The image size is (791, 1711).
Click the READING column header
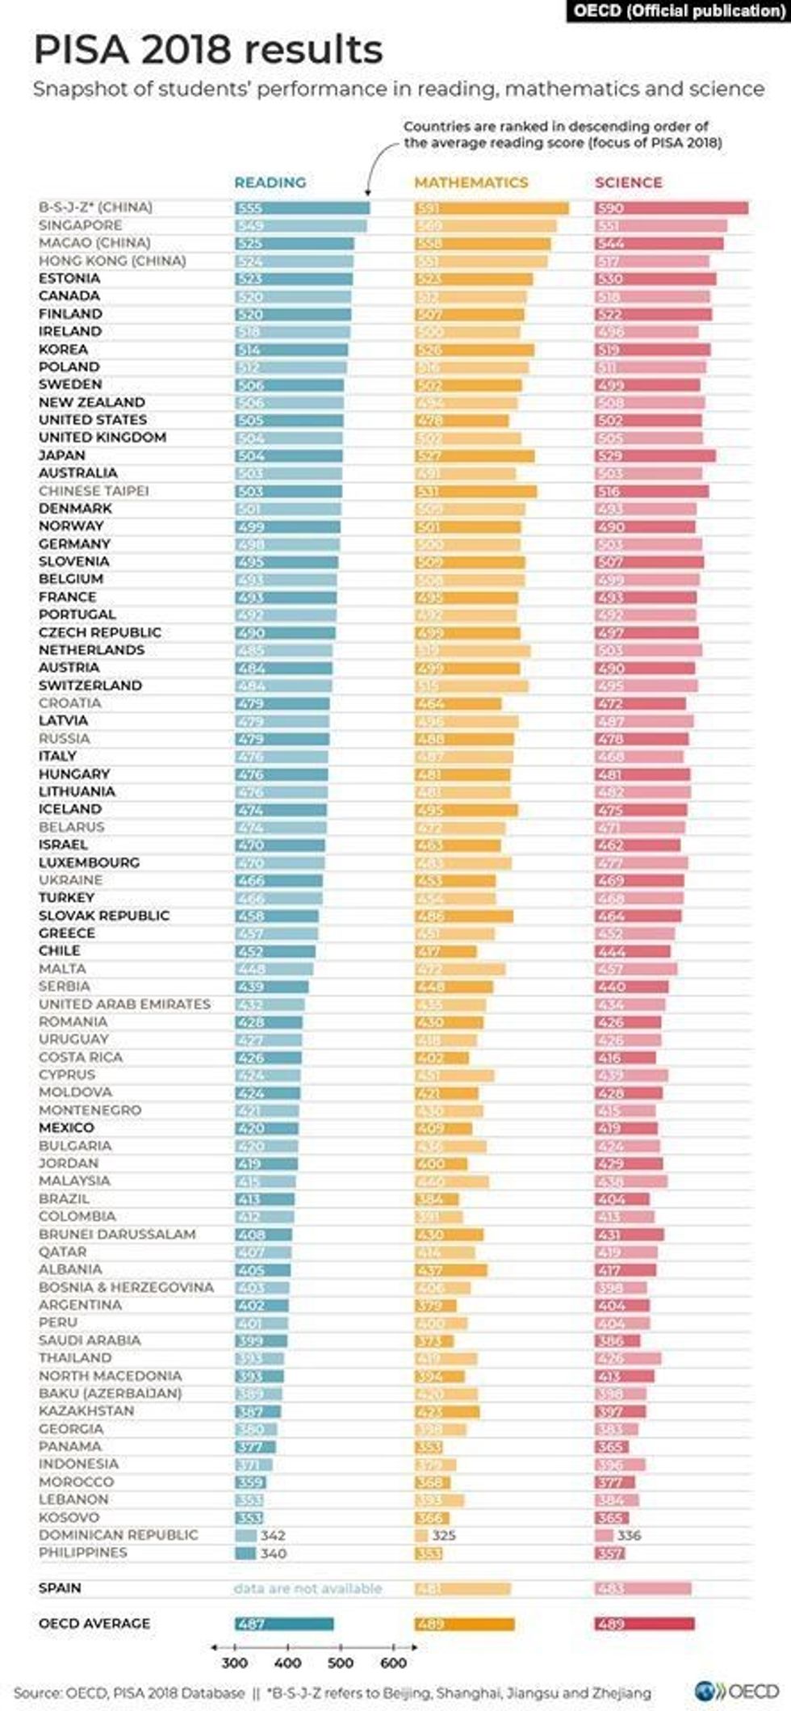pyautogui.click(x=270, y=182)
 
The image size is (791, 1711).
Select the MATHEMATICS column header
pyautogui.click(x=471, y=182)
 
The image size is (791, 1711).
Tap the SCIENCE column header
pyautogui.click(x=628, y=182)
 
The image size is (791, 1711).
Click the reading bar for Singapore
pyautogui.click(x=300, y=225)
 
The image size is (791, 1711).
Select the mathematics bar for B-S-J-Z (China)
pyautogui.click(x=492, y=208)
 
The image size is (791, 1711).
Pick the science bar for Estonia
pyautogui.click(x=655, y=279)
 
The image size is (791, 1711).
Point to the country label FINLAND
pyautogui.click(x=70, y=313)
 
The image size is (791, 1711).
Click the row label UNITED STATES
pyautogui.click(x=93, y=420)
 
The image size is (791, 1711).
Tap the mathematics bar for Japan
pyautogui.click(x=475, y=455)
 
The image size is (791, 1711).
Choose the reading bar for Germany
pyautogui.click(x=287, y=544)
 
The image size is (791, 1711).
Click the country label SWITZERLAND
pyautogui.click(x=90, y=686)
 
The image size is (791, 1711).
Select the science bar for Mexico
pyautogui.click(x=626, y=1128)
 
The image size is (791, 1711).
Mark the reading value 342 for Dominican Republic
pyautogui.click(x=273, y=1535)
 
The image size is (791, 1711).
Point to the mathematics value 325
pyautogui.click(x=443, y=1535)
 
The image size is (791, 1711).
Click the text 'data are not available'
pyautogui.click(x=308, y=1588)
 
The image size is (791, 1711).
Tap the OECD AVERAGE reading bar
pyautogui.click(x=284, y=1624)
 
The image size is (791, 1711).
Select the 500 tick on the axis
pyautogui.click(x=341, y=1663)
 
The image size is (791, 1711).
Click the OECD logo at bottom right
pyautogui.click(x=736, y=1691)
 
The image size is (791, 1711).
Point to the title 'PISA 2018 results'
pyautogui.click(x=208, y=50)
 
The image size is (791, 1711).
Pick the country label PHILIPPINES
pyautogui.click(x=82, y=1553)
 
